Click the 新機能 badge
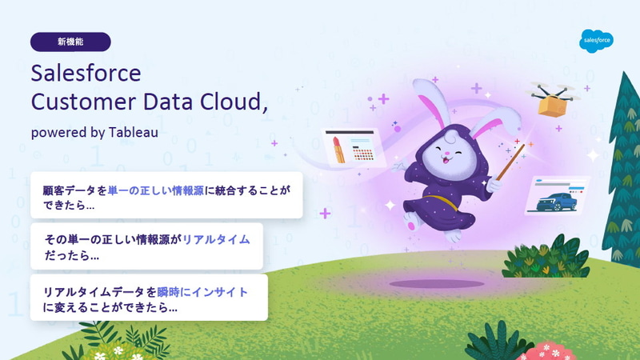pos(70,42)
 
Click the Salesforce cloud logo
pos(596,40)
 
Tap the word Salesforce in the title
pos(86,74)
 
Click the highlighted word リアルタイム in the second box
pos(216,239)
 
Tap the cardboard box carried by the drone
pos(553,105)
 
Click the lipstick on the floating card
pos(338,150)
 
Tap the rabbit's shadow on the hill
pos(436,284)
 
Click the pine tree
pos(621,160)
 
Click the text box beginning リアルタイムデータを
pos(149,298)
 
